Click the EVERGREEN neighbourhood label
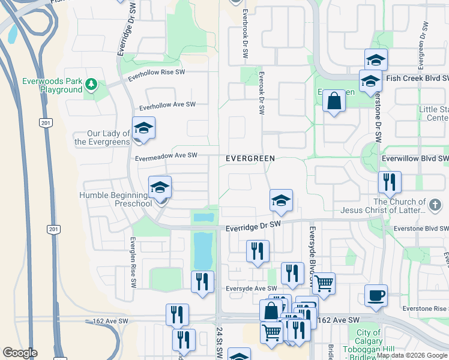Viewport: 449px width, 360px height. [250, 158]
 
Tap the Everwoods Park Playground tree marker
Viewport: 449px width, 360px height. [91, 85]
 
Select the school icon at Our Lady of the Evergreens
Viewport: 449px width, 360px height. [143, 128]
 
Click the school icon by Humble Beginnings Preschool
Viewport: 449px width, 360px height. [160, 188]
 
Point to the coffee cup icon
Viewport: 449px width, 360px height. [376, 295]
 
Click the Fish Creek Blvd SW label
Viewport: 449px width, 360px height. [418, 79]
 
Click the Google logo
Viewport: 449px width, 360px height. [20, 353]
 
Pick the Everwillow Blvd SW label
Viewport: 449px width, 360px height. [415, 159]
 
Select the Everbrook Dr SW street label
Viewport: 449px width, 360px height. [246, 34]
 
